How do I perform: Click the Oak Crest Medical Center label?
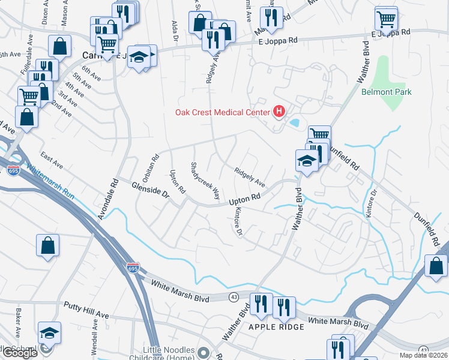223,112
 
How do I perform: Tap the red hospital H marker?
279,111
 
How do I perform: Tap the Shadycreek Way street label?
203,181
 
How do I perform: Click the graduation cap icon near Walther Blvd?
306,161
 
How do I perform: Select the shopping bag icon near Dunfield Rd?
436,266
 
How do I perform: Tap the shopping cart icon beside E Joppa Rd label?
386,19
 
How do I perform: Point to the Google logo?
20,353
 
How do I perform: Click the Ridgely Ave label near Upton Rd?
250,176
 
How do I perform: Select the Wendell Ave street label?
95,339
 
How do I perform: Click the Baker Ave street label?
19,322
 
